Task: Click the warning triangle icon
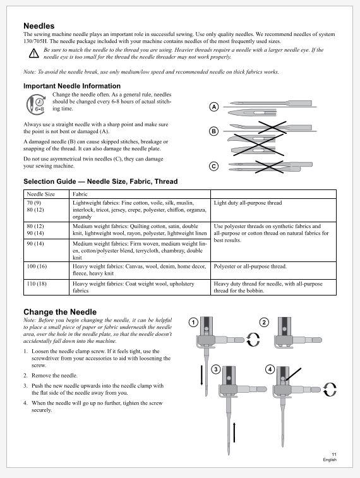(34, 53)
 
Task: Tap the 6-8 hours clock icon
(36, 105)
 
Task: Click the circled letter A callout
(214, 107)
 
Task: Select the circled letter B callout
(214, 131)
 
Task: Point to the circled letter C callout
(214, 166)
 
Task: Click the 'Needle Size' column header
(41, 194)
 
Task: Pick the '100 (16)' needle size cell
(37, 266)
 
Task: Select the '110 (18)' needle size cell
(37, 284)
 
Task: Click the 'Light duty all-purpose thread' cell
(248, 203)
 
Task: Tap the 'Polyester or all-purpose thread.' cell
(250, 266)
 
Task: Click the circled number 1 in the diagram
(193, 322)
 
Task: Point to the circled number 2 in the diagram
(264, 322)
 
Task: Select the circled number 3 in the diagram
(216, 370)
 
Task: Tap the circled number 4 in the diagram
(270, 369)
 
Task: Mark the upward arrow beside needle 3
(234, 433)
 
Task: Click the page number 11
(334, 454)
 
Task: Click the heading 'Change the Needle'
(60, 312)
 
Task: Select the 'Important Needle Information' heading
(72, 86)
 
